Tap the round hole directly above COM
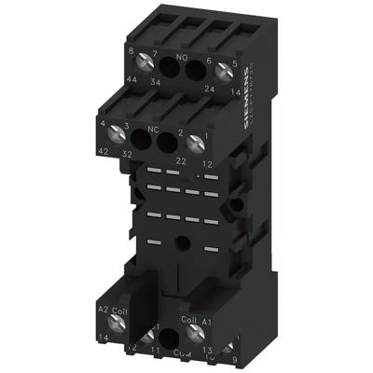tap(170, 340)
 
